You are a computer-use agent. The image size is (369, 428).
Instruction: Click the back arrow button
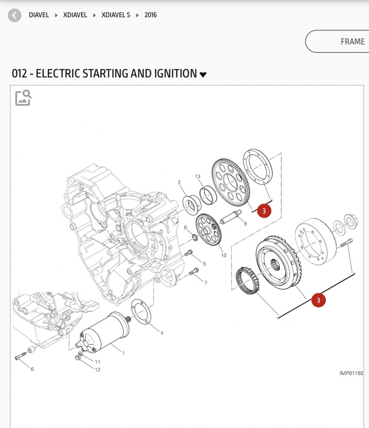coord(15,15)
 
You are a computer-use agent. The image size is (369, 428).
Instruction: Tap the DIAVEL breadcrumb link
coord(39,15)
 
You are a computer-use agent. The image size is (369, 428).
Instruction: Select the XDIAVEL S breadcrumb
coord(115,15)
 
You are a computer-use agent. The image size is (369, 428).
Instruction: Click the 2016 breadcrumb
coord(151,15)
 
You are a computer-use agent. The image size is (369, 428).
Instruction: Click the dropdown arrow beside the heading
coord(203,75)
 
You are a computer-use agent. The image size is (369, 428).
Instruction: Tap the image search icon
coord(23,98)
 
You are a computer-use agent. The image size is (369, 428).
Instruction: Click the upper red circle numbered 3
coord(264,211)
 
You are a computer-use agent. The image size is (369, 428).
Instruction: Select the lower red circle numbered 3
coord(318,300)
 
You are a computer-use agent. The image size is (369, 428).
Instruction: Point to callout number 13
coord(197,177)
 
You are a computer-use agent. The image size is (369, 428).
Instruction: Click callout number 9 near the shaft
coord(245,224)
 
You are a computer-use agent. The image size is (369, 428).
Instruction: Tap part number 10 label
coord(224,256)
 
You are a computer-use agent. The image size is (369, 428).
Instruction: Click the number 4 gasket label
coord(162,332)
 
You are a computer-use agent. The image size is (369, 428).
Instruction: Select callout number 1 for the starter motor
coord(124,353)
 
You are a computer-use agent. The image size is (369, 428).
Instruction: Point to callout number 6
coord(32,369)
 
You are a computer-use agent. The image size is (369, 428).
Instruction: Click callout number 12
coord(97,370)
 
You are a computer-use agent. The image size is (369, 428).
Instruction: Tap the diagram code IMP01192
coord(351,373)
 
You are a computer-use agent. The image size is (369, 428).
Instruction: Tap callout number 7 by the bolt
coord(206,283)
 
